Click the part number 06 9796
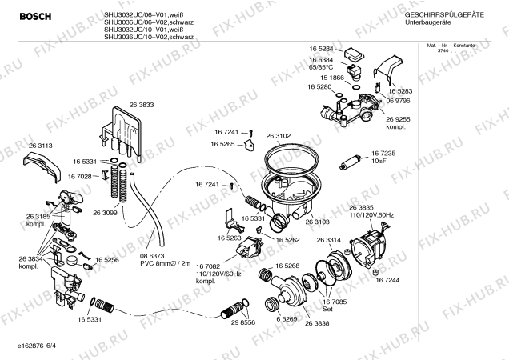399,102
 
